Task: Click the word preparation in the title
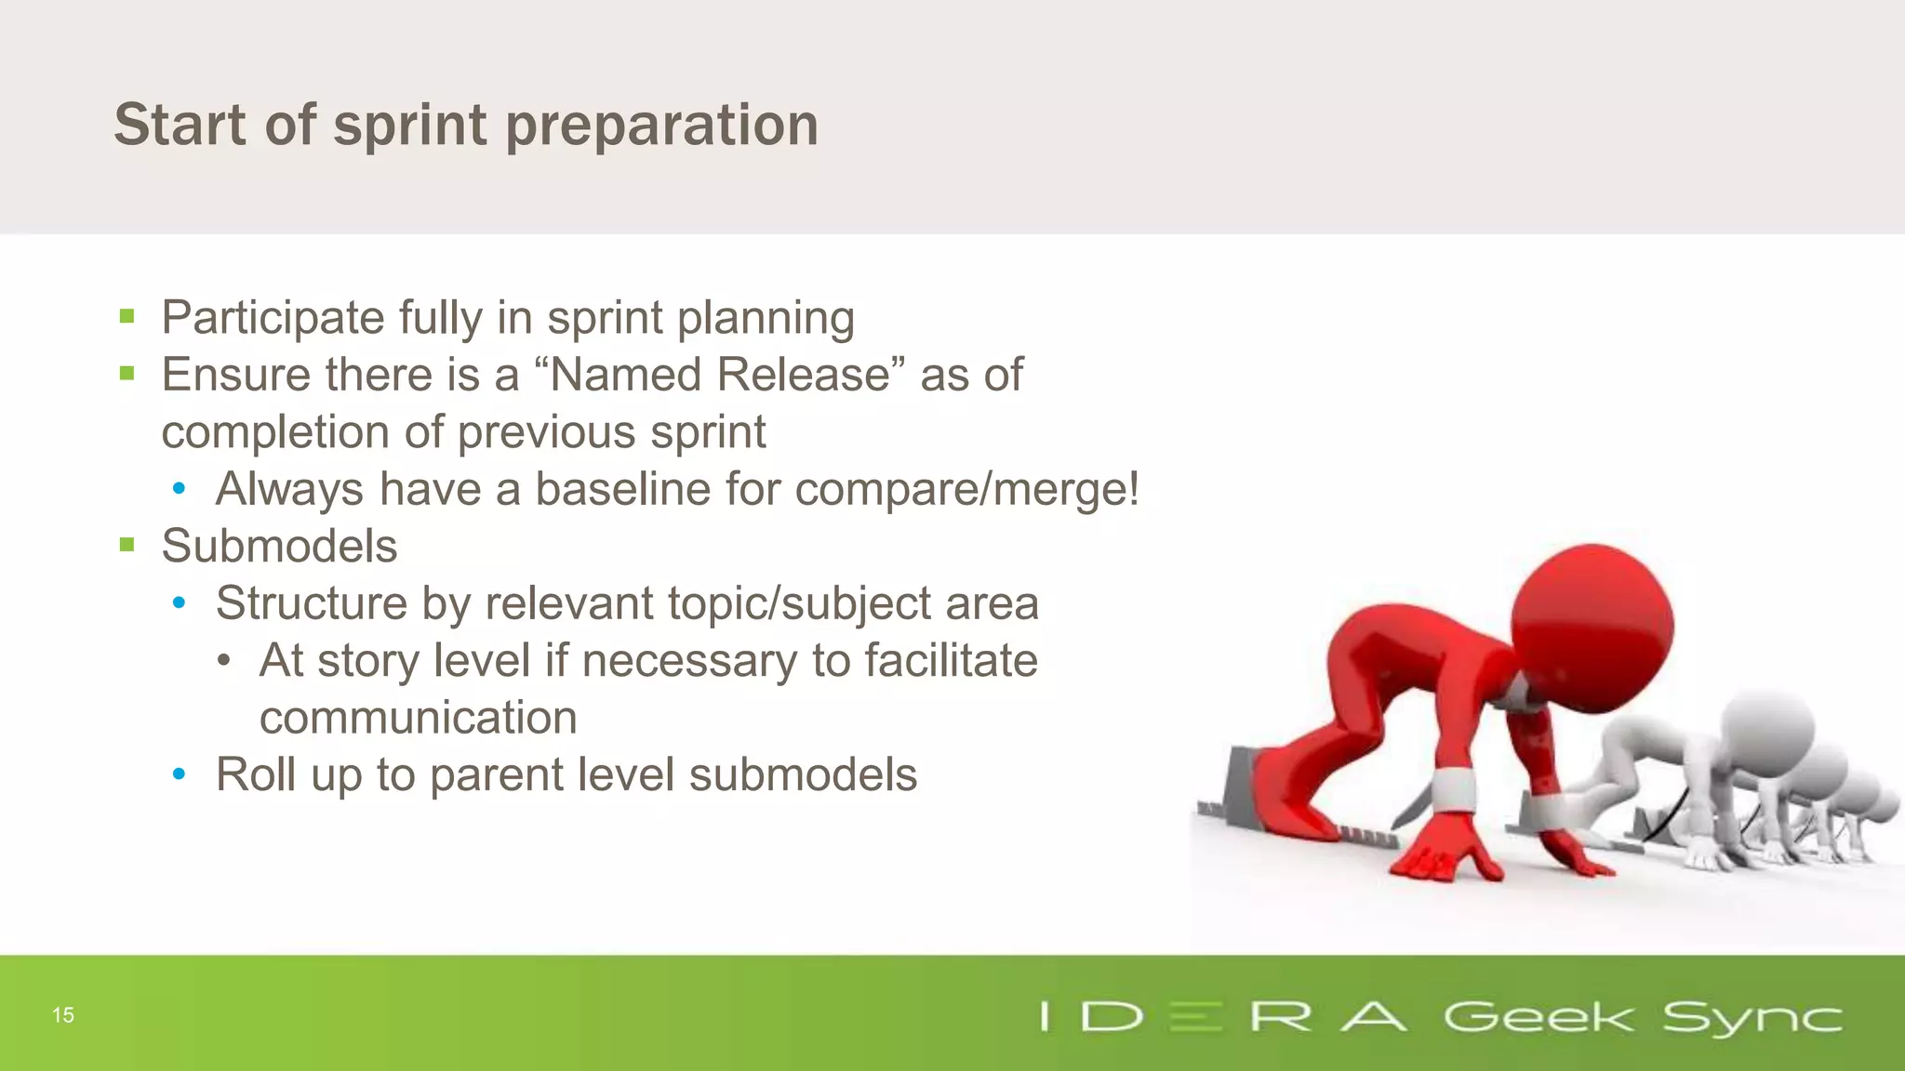[661, 126]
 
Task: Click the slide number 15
[63, 1015]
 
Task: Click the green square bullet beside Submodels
[127, 545]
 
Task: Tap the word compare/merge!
[967, 489]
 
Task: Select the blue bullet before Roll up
[180, 773]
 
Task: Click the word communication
[418, 718]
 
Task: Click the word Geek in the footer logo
[1538, 1017]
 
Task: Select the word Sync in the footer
[1752, 1017]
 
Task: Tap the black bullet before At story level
[223, 661]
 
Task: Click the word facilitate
[951, 661]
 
